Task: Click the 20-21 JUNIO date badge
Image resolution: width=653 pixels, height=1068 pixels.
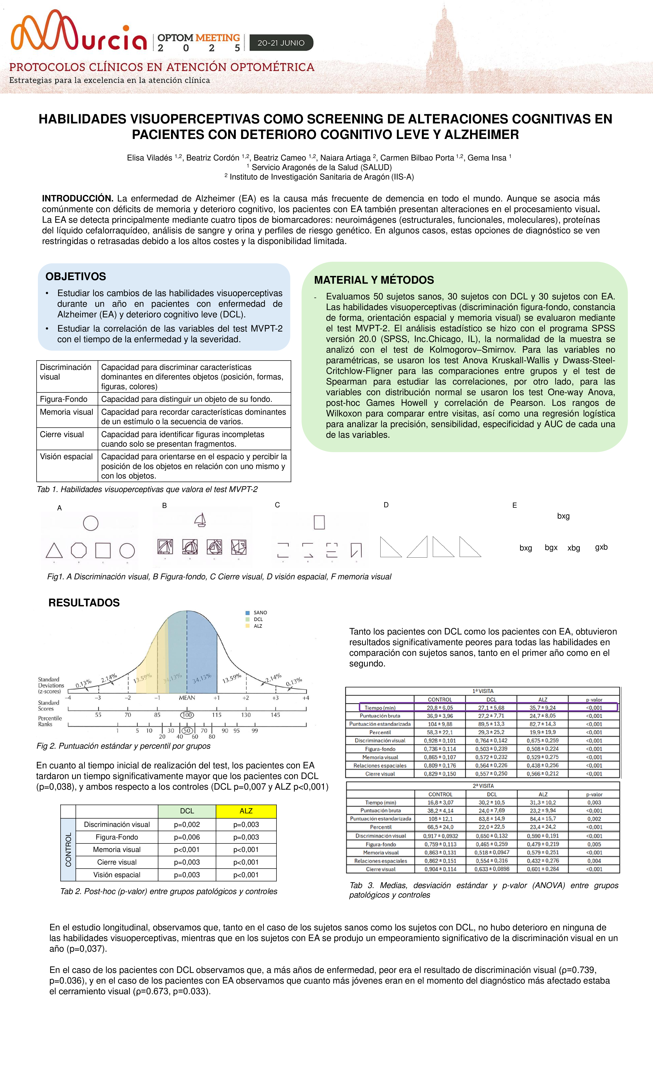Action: coord(281,43)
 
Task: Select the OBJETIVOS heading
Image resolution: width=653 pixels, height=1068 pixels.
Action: coord(76,277)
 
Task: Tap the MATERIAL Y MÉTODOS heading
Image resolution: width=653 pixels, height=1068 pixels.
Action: coord(374,280)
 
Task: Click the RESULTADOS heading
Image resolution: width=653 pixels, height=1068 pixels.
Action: coord(84,603)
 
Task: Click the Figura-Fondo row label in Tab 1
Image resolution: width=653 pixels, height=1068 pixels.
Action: coord(64,399)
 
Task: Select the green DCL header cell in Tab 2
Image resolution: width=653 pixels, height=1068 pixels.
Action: coord(187,810)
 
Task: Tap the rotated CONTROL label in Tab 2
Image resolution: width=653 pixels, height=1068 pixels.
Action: coord(68,849)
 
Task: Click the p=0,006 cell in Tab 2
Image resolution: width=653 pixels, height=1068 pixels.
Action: coord(187,837)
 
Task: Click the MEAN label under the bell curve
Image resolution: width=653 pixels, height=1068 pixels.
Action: coord(187,697)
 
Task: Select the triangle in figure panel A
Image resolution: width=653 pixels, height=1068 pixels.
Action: coord(54,551)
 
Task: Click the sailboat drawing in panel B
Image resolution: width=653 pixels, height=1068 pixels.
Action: coord(200,520)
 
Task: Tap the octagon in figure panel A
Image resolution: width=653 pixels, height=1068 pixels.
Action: coord(78,551)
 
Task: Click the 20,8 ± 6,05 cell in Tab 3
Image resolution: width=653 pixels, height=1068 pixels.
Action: coord(440,707)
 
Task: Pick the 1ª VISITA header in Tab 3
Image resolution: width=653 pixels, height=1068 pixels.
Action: coord(483,691)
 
